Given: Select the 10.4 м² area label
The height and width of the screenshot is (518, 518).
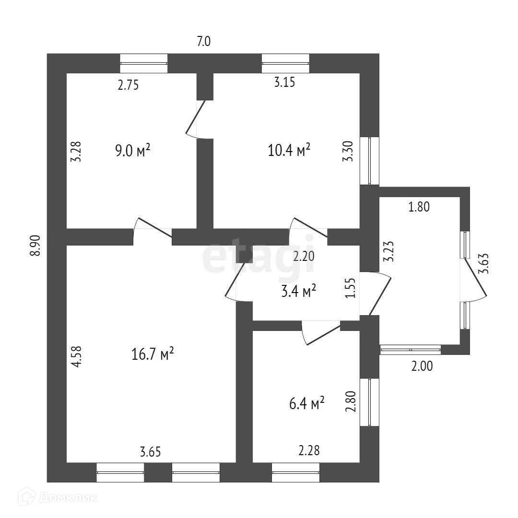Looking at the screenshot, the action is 289,150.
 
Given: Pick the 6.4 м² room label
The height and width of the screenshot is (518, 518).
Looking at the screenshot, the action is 307,403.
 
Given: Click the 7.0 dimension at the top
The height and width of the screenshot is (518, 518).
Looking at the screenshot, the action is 204,42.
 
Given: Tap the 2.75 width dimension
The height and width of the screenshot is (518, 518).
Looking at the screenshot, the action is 128,85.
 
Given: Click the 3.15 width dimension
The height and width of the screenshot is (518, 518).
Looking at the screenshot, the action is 284,82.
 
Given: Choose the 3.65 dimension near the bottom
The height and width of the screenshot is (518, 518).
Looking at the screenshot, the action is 150,451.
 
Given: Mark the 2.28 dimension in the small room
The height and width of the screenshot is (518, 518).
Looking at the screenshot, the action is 309,450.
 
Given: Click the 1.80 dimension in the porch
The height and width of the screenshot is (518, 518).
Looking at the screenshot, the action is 419,207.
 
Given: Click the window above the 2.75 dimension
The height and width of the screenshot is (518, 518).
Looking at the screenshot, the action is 143,63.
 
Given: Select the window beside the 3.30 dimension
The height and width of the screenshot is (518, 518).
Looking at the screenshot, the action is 370,161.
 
